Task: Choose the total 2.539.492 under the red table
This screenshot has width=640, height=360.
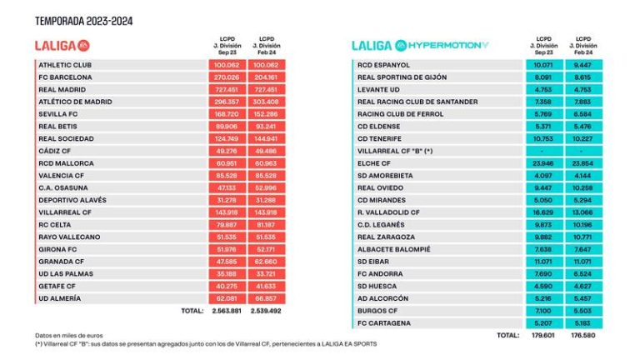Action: tap(267, 310)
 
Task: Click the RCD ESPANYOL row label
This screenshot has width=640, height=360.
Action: tap(383, 64)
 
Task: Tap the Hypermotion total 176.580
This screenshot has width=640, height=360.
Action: tap(587, 335)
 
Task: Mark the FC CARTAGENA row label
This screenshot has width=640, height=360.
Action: tap(384, 322)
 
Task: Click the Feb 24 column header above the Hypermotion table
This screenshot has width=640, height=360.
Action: tap(587, 44)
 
